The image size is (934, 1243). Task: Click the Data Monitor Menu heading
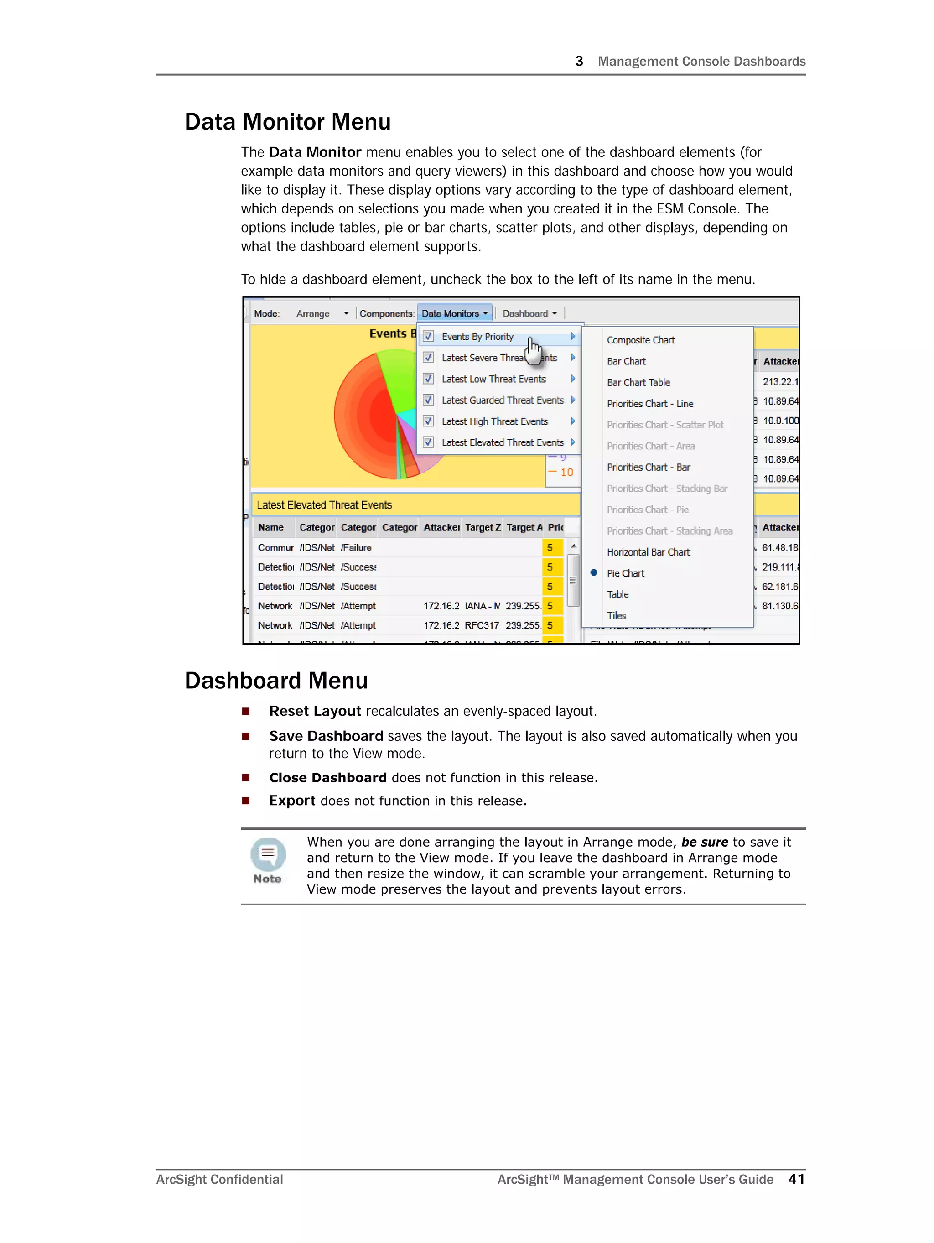tap(287, 122)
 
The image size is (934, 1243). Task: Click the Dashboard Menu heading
tap(276, 681)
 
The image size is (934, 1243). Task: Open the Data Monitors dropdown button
tap(454, 313)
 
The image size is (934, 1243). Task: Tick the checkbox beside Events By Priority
tap(428, 337)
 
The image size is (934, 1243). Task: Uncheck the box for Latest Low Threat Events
tap(428, 379)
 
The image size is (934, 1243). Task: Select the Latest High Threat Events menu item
tap(494, 421)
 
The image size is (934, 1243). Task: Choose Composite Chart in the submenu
tap(641, 340)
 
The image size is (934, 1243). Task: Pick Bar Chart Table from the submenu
tap(638, 382)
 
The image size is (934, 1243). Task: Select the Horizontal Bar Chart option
tap(648, 552)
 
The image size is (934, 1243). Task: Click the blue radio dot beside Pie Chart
tap(593, 572)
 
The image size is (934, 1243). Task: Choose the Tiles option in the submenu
tap(617, 615)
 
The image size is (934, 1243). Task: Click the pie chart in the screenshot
tap(382, 416)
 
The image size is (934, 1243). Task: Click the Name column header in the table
tap(271, 527)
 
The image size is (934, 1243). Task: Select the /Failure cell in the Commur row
tap(356, 547)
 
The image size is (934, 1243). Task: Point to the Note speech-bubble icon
tap(268, 854)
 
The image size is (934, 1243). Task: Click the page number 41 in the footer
tap(796, 1179)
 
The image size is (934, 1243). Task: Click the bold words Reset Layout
tap(315, 711)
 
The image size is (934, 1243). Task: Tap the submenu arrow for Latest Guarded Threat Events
tap(573, 400)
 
